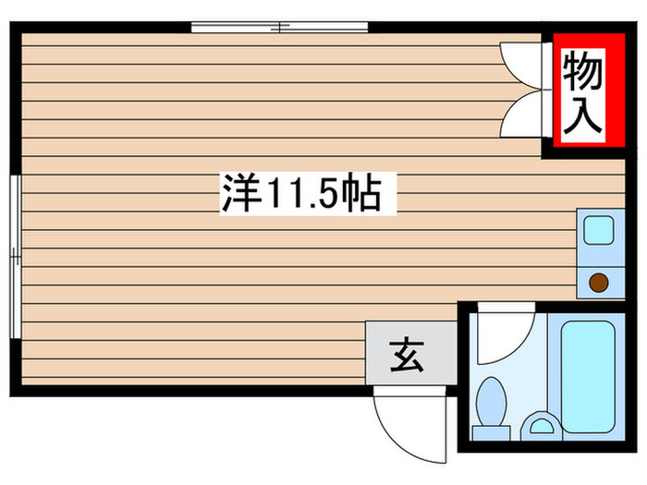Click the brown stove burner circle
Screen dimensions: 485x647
pos(599,283)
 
